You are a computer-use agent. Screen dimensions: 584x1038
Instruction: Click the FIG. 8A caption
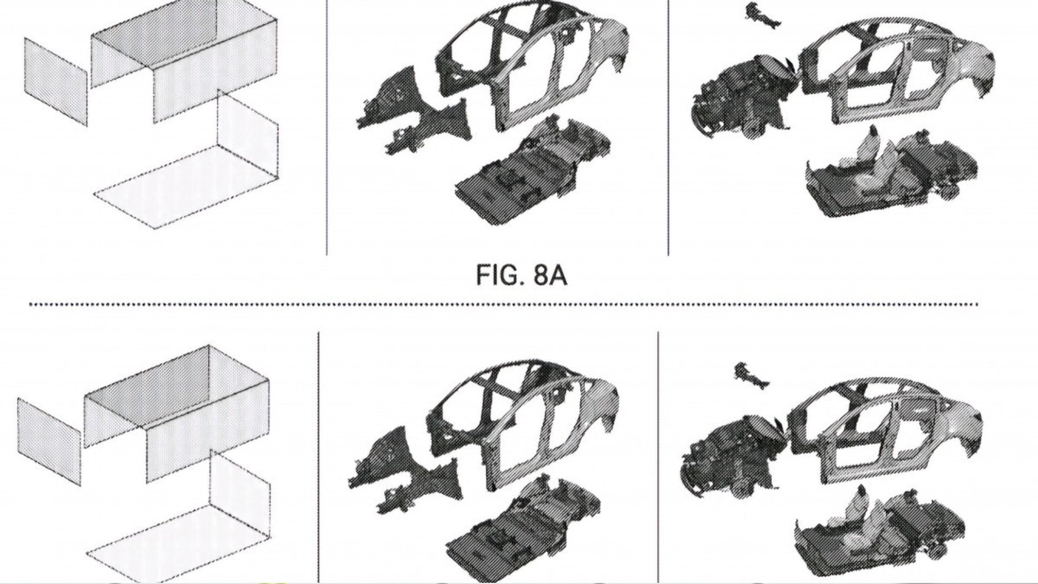[x=521, y=276]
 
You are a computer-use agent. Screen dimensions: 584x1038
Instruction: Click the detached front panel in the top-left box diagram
[x=56, y=81]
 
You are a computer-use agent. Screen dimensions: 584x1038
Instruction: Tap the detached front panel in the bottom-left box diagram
[x=49, y=441]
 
